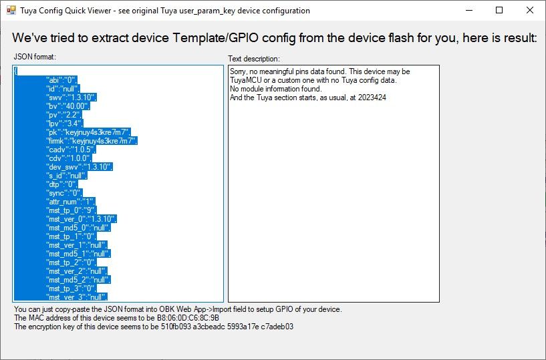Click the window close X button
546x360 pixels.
530,10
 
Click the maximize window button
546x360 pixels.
499,10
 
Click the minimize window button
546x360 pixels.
469,10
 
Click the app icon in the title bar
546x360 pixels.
11,10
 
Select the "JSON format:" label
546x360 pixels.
35,57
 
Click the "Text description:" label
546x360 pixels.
254,59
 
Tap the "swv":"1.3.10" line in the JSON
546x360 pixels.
72,98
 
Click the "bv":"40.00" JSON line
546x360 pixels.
68,106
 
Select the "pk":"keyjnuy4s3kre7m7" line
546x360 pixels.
88,132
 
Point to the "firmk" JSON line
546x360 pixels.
92,141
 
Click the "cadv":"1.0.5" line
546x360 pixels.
71,150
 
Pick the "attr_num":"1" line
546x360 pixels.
71,202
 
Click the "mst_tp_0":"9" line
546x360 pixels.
72,210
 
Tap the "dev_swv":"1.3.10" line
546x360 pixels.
80,167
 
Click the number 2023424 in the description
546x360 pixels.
372,98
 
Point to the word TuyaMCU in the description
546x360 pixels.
245,80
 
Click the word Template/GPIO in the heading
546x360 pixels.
216,37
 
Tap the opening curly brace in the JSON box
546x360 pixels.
15,71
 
